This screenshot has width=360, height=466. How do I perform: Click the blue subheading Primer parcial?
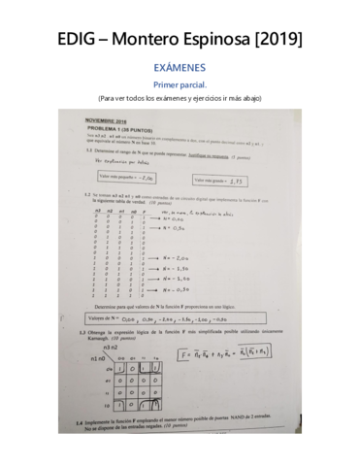[x=180, y=85]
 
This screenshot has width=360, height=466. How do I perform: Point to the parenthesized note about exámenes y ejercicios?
[x=180, y=98]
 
